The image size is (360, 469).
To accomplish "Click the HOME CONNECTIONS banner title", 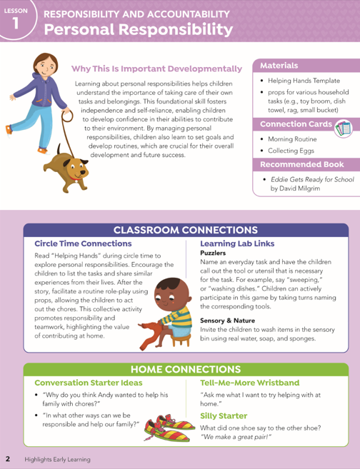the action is point(186,369).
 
